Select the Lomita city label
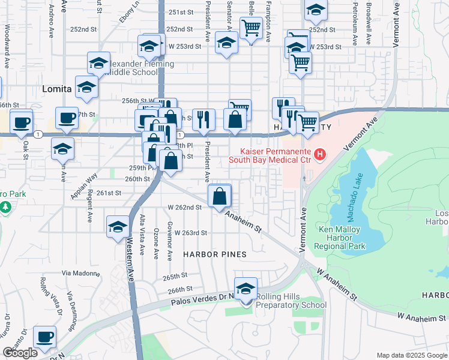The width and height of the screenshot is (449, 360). [57, 89]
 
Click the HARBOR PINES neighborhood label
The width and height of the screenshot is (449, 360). [215, 254]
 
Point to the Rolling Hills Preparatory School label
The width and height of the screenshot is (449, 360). [292, 301]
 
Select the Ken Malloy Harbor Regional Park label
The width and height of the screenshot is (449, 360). [342, 238]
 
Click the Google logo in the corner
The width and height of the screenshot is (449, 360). [20, 353]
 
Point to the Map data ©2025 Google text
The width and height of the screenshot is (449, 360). [411, 355]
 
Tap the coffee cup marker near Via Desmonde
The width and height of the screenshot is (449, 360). [44, 337]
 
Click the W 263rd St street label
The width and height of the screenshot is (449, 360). [188, 233]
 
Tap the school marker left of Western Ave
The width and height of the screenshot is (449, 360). [118, 227]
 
